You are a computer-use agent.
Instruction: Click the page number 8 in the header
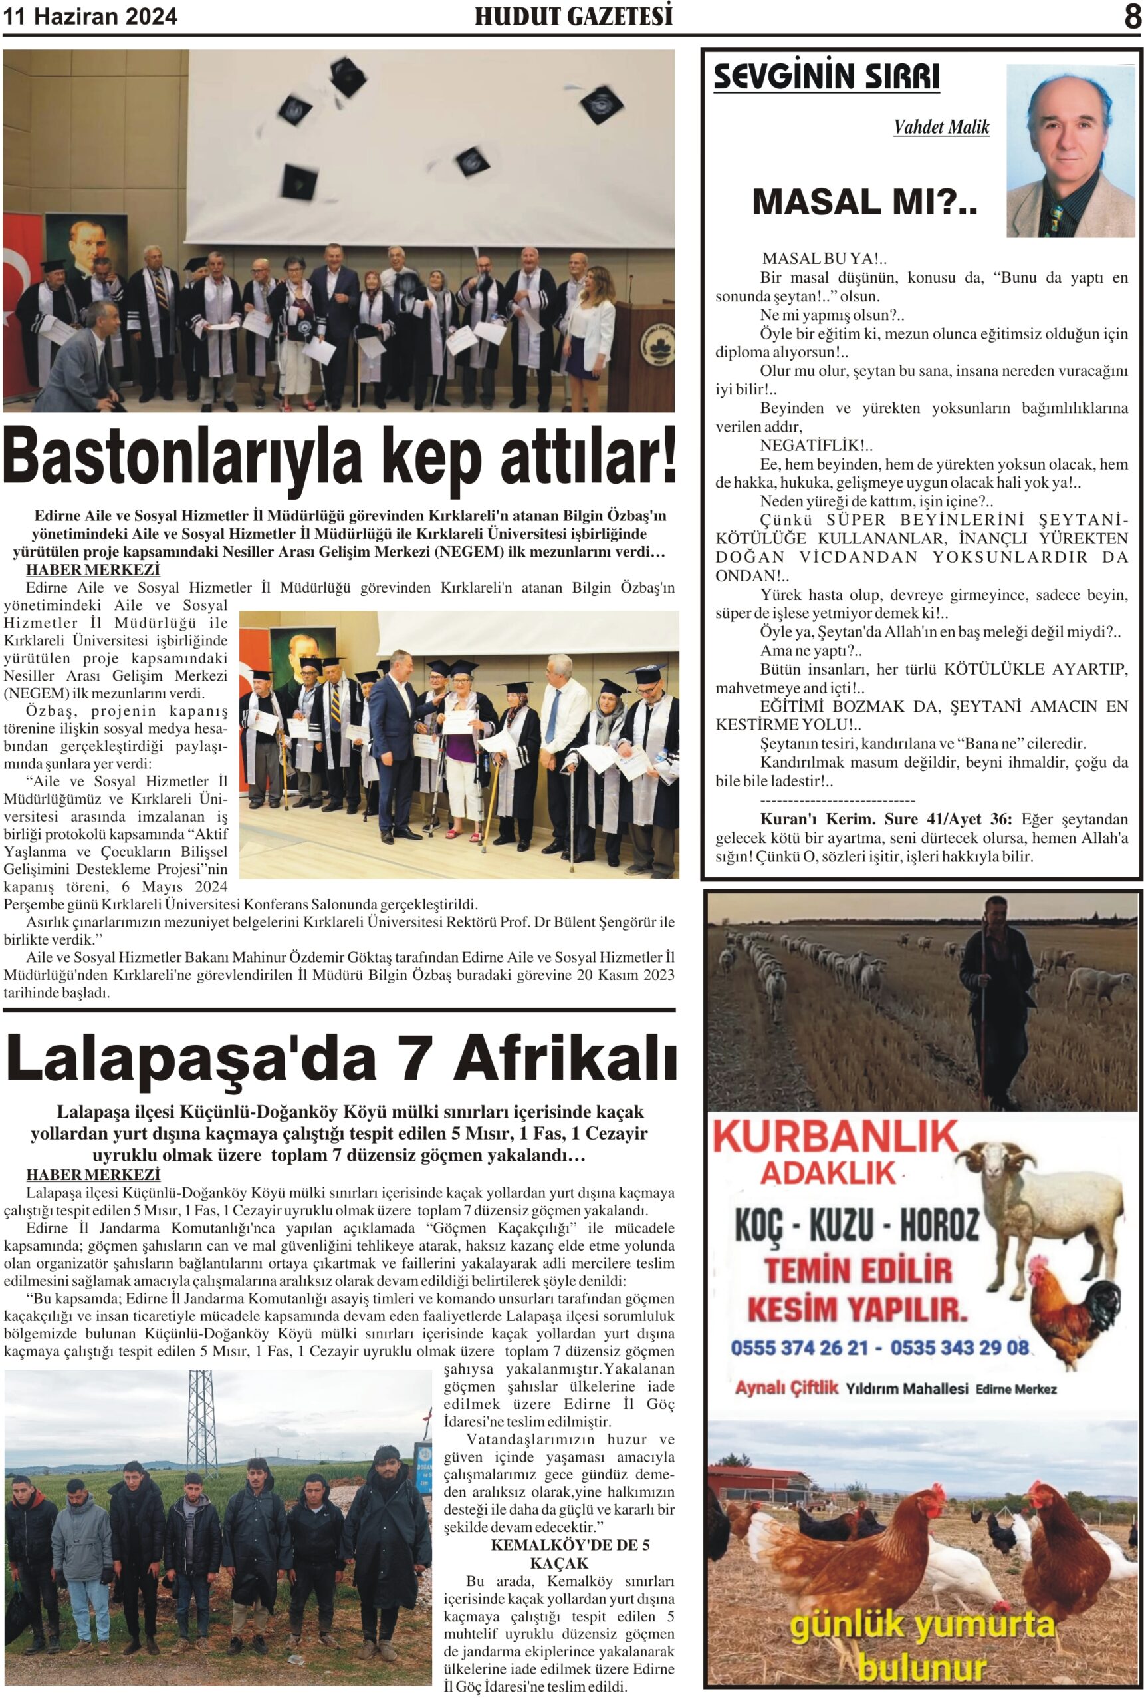tap(1131, 16)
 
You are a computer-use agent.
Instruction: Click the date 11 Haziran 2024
tap(90, 17)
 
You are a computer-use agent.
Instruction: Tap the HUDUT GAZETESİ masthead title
tap(574, 16)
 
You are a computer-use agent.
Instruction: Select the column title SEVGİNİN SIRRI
tap(826, 77)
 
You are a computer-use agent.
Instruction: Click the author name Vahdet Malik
tap(941, 128)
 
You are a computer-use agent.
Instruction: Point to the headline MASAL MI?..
tap(864, 202)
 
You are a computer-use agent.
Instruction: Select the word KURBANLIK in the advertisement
tap(834, 1138)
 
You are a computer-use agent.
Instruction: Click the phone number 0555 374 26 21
tap(799, 1348)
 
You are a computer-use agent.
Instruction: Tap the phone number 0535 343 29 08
tap(959, 1348)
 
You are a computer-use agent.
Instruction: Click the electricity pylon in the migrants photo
tap(203, 1424)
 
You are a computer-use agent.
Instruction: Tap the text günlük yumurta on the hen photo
tap(922, 1626)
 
